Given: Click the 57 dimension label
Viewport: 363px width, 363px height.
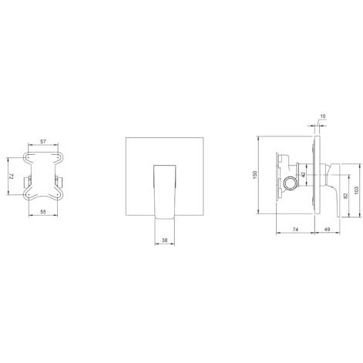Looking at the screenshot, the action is point(43,141).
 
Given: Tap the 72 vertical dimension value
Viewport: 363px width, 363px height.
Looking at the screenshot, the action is point(11,176).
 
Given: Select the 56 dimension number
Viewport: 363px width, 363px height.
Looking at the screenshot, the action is point(43,211).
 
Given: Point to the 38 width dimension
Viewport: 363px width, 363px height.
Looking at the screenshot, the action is point(165,240).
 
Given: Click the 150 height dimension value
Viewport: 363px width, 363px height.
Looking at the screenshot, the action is point(255,175).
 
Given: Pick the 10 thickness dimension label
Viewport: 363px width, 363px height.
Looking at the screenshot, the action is point(323,116).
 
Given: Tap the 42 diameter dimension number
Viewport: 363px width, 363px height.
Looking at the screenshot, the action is point(303,175).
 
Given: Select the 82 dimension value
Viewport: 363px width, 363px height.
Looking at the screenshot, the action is point(345,196).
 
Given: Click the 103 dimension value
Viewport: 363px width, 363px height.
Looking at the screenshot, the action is point(356,190).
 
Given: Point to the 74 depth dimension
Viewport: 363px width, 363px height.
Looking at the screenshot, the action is point(295,229).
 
